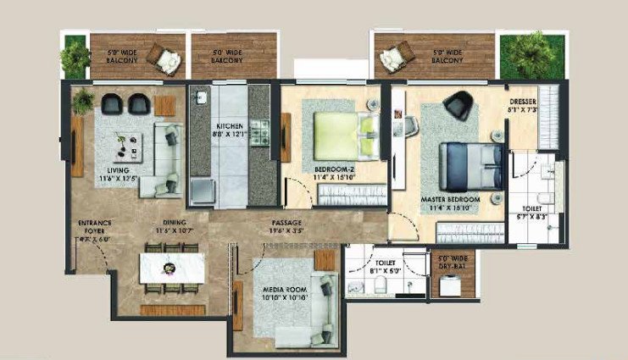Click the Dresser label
[x=522, y=105]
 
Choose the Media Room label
[x=284, y=294]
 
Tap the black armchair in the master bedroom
[x=458, y=104]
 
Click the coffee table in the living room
[x=130, y=148]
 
